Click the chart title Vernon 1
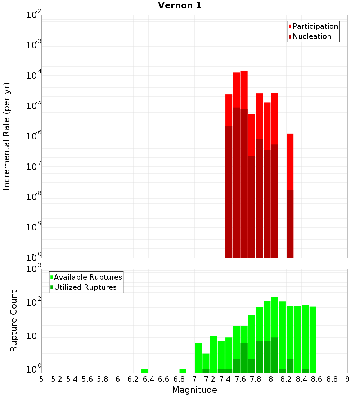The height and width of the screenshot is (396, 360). point(180,5)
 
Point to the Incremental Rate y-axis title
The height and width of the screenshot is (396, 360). point(7,136)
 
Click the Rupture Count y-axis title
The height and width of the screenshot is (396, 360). point(14,320)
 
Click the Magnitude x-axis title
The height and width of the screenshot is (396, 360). point(194,390)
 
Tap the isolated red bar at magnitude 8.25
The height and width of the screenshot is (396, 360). point(290,162)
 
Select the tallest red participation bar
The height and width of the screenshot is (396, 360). point(244,90)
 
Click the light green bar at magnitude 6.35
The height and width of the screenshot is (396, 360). point(145,371)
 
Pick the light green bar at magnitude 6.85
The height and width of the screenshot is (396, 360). point(183,371)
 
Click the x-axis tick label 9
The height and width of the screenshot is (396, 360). point(347,379)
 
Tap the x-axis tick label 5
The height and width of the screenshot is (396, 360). point(41,379)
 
